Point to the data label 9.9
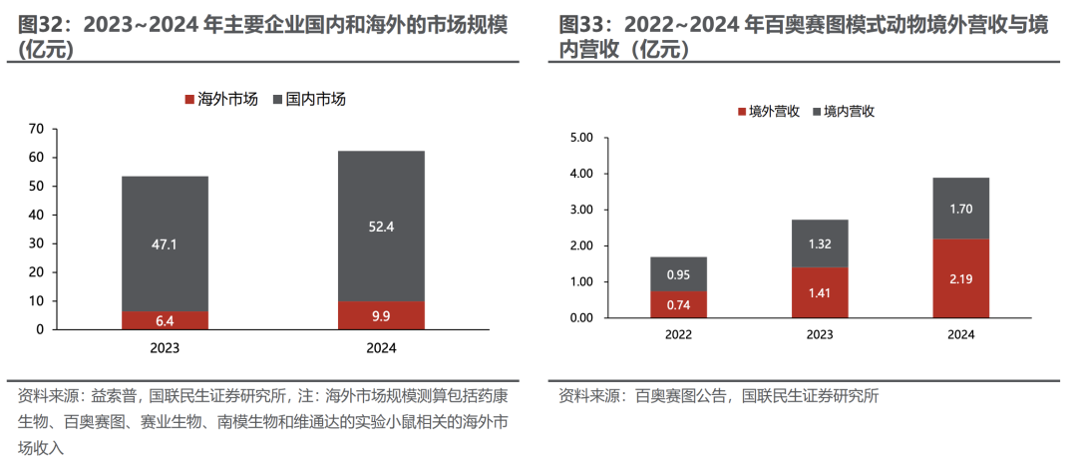point(381,316)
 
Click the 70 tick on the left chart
point(37,129)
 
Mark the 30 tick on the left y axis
point(37,242)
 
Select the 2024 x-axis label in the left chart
point(381,348)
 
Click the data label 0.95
point(678,274)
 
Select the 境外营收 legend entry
point(767,112)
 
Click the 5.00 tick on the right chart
point(579,138)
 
